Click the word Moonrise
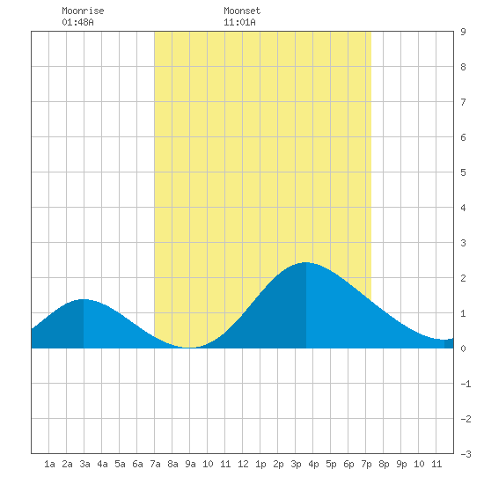click(83, 11)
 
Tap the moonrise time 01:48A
click(77, 22)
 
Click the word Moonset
click(242, 11)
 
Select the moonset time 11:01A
click(239, 22)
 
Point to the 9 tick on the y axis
click(463, 32)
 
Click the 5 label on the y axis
click(463, 172)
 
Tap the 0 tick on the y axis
click(463, 348)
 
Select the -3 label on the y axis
click(466, 454)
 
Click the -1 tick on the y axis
click(466, 384)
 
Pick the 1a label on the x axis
click(49, 464)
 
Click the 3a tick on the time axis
click(84, 464)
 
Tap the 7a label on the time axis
click(155, 464)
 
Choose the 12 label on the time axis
click(243, 464)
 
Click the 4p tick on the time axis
click(313, 464)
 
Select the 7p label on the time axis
click(366, 464)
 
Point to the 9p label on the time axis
click(401, 464)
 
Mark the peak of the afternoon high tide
click(305, 262)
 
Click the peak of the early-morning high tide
click(84, 299)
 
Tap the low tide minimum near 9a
click(190, 348)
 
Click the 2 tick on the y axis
click(463, 278)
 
